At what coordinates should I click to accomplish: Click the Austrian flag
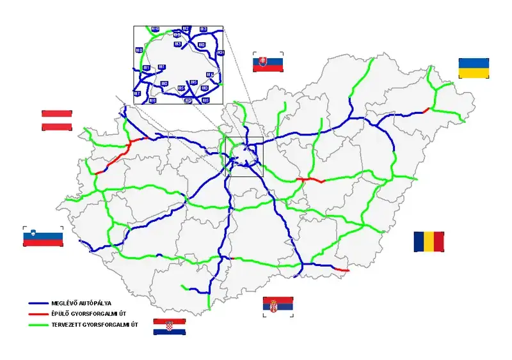coord(56,120)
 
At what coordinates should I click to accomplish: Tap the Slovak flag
coord(268,63)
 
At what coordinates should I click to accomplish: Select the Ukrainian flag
coord(474,68)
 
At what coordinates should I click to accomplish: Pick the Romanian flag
coord(429,241)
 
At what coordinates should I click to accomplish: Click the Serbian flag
coord(278,306)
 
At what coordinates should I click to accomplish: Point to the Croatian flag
coord(170,327)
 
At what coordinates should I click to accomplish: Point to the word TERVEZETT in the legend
coord(68,325)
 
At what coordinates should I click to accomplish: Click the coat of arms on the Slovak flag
coord(261,63)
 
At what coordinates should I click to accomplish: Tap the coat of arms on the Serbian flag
coord(273,306)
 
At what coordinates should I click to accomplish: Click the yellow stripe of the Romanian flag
coord(429,241)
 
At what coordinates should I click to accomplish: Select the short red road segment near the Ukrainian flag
coord(426,110)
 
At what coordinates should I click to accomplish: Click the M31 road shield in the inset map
coord(221,53)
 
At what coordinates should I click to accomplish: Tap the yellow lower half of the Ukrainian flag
coord(474,73)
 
